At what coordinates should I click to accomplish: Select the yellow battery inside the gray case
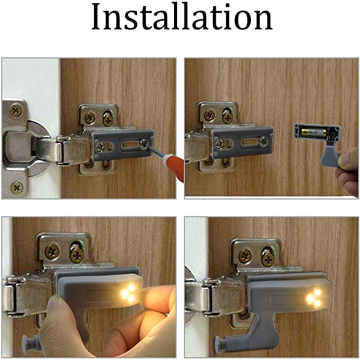click(313, 133)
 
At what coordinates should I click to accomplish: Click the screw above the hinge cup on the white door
click(17, 110)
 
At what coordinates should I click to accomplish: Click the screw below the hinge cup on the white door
click(17, 186)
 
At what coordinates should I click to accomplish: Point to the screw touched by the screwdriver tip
click(144, 144)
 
